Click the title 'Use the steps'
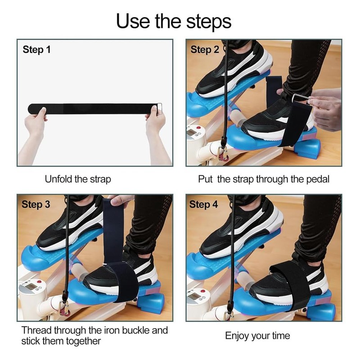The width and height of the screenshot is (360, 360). tap(174, 21)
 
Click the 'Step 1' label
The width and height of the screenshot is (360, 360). tap(36, 50)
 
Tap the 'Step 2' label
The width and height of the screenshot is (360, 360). tap(204, 50)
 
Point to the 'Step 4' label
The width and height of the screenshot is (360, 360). tap(203, 205)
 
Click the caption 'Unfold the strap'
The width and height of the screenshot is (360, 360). tap(78, 179)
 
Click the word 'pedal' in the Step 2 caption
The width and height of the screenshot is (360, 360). tap(318, 179)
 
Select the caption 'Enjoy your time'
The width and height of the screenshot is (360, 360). tap(257, 336)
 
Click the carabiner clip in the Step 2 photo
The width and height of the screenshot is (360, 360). tap(222, 153)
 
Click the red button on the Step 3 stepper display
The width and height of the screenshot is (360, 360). tap(39, 282)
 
